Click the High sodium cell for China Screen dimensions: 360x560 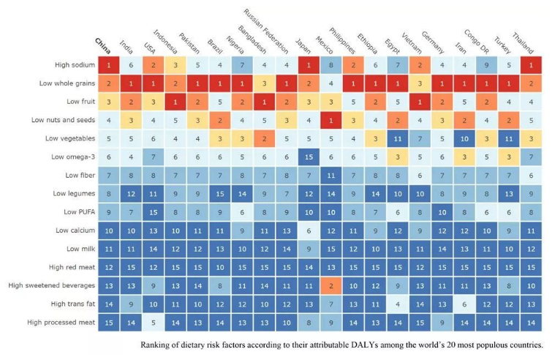point(108,65)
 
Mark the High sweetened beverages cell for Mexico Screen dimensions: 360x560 point(331,285)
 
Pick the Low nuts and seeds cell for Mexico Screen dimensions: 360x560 point(331,120)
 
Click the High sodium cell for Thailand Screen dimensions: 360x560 point(532,65)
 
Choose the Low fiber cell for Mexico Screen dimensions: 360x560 point(331,175)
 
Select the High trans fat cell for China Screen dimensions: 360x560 point(108,303)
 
